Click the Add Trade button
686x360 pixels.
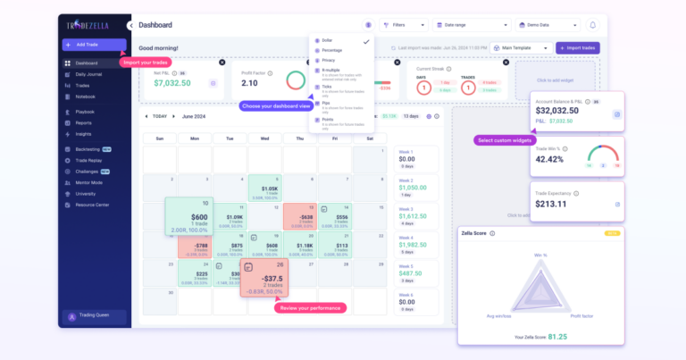(94, 45)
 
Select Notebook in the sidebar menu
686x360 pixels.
(85, 96)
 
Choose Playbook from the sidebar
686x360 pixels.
(85, 112)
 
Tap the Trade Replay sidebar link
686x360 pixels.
(89, 160)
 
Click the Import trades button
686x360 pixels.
(578, 47)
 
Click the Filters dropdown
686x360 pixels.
(404, 25)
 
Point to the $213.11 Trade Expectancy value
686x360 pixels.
(551, 204)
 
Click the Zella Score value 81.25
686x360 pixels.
(556, 336)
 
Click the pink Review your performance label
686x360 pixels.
(309, 308)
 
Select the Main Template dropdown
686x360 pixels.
(523, 47)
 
